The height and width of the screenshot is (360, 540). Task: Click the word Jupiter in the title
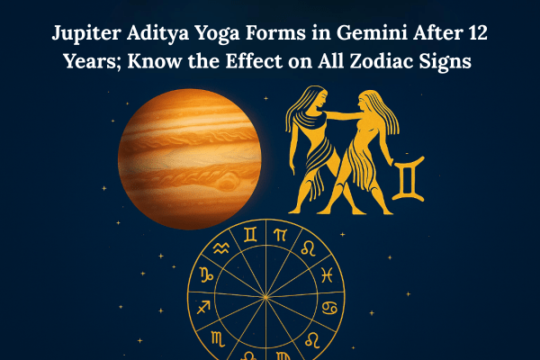[86, 34]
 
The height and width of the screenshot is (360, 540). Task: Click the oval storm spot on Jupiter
[227, 182]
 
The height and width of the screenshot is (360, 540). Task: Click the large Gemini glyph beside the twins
[409, 178]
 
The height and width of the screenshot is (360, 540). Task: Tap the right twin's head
[366, 100]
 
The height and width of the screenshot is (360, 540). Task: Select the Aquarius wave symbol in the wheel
[221, 248]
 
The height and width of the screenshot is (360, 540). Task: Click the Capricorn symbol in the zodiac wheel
[206, 274]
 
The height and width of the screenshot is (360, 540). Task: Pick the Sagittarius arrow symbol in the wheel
[203, 307]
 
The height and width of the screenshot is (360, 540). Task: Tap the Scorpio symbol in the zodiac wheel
[218, 338]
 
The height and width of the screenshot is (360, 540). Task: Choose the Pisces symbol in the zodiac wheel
[327, 274]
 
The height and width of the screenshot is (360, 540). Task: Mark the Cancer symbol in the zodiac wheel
[329, 308]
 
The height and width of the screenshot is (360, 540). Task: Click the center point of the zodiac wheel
[265, 297]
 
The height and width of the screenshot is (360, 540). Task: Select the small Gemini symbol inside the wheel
[250, 235]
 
